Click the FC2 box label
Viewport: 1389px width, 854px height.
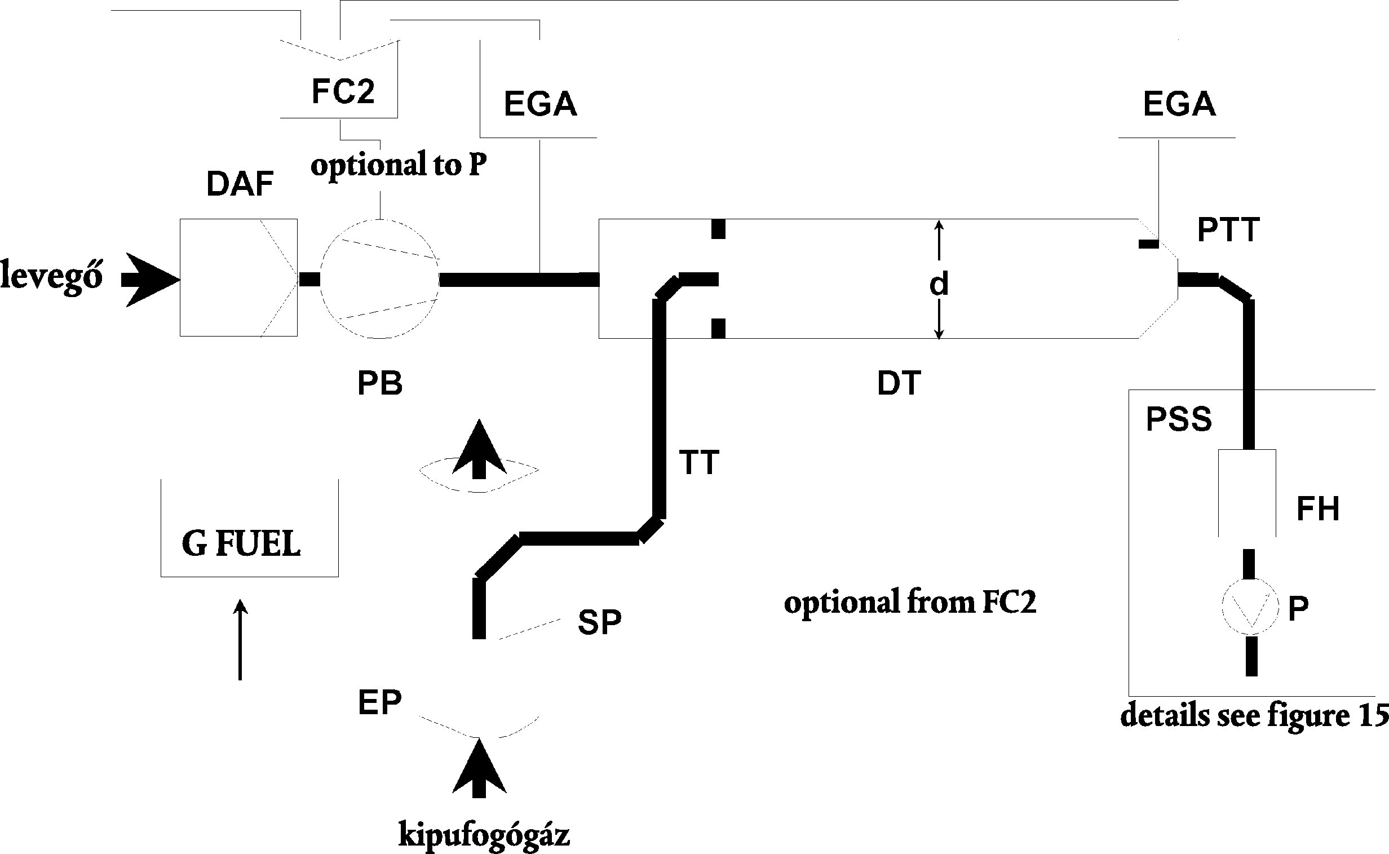pos(343,91)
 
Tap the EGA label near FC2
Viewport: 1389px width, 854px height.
pos(540,104)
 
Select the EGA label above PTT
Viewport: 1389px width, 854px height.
pos(1179,104)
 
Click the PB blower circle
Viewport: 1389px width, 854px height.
pos(380,279)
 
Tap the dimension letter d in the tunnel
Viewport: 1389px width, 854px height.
pos(938,285)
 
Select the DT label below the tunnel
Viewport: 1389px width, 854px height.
pos(899,383)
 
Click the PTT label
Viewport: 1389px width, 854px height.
pos(1228,230)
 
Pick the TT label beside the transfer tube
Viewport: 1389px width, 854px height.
pos(700,463)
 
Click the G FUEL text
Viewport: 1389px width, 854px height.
pos(241,544)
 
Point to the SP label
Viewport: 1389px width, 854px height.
pos(599,622)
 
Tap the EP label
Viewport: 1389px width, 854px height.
pos(379,702)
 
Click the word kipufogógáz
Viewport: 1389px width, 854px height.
pos(484,835)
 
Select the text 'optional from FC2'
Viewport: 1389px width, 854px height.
pos(910,602)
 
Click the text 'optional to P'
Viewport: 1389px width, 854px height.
pos(398,165)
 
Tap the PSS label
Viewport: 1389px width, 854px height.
pos(1179,419)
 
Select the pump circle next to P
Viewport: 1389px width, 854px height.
pos(1249,607)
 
